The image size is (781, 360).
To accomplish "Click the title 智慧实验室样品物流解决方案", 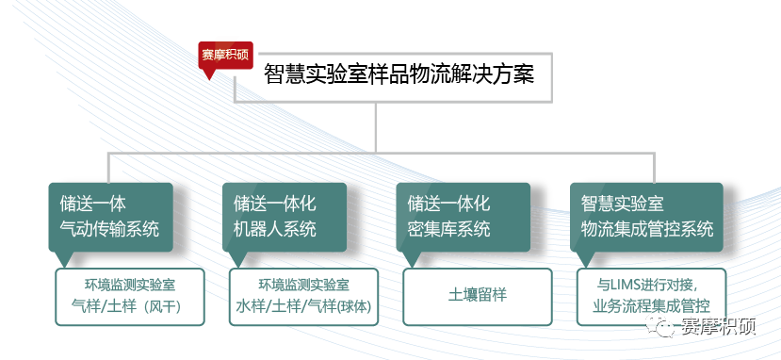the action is coord(399,76).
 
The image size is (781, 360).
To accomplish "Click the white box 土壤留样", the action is coord(477,297).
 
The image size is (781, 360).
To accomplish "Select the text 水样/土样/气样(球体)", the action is coord(304,306).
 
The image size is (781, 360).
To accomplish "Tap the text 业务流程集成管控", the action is coord(651,306).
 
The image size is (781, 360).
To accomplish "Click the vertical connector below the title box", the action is coord(376,128).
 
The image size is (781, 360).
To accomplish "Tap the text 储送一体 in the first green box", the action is coord(92,204).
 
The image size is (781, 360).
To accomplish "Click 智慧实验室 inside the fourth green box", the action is coord(622,204).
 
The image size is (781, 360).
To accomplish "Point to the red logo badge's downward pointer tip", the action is coord(209,80).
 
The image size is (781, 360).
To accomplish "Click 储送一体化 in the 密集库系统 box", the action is coord(448,204).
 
